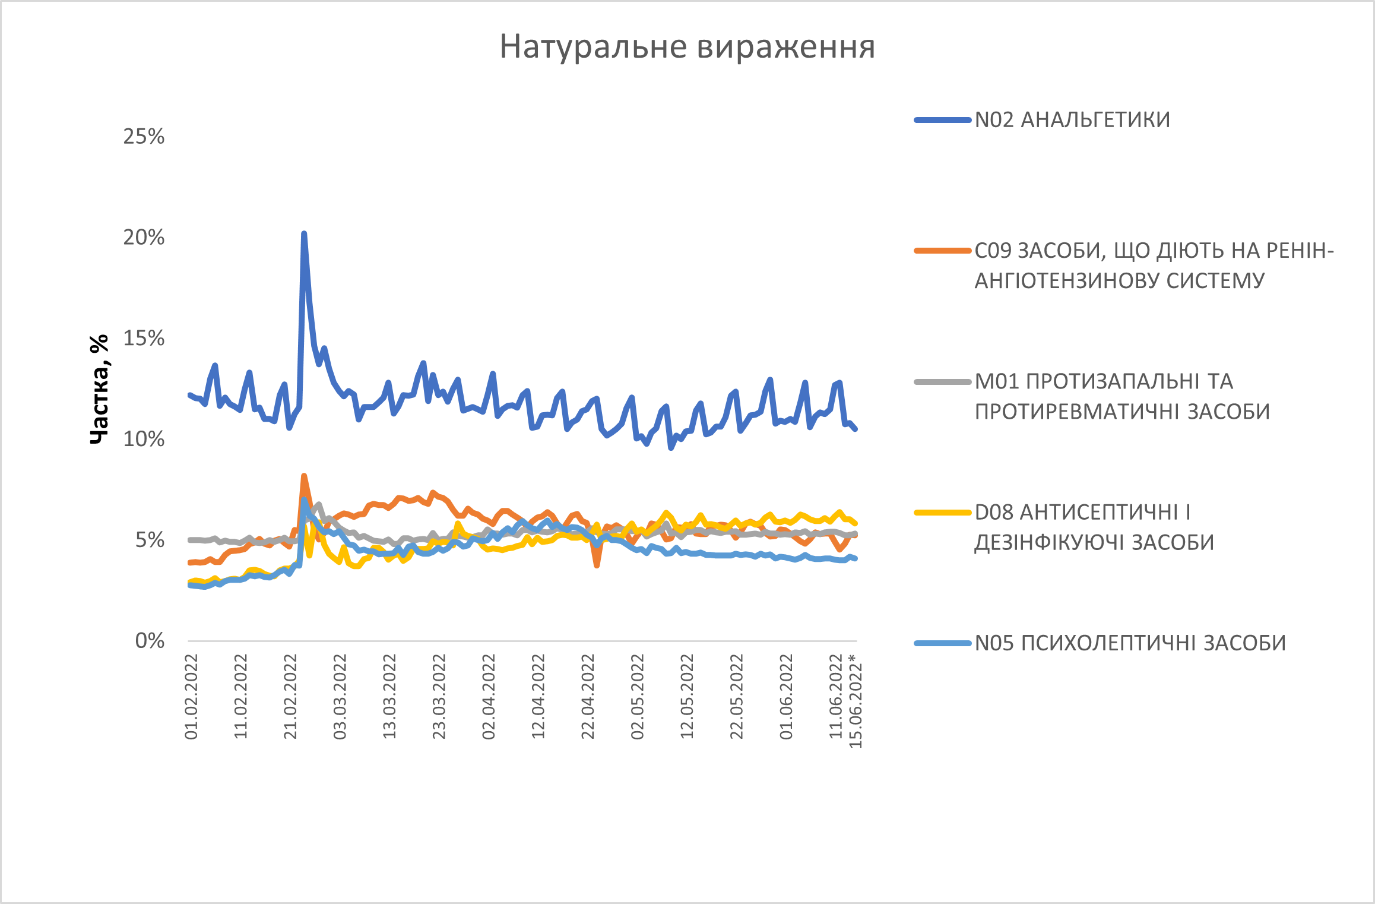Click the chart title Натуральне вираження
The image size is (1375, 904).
pyautogui.click(x=687, y=46)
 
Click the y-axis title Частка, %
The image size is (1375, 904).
pyautogui.click(x=99, y=389)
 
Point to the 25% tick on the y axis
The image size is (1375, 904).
pyautogui.click(x=144, y=137)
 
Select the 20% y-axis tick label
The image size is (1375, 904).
pyautogui.click(x=144, y=238)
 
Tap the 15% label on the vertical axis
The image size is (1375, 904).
pyautogui.click(x=144, y=339)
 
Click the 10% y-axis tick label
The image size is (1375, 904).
pyautogui.click(x=144, y=440)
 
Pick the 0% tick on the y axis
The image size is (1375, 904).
pyautogui.click(x=150, y=641)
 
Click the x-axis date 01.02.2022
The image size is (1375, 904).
pyautogui.click(x=191, y=696)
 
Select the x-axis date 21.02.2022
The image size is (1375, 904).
pyautogui.click(x=290, y=696)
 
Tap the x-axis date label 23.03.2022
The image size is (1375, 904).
pyautogui.click(x=439, y=696)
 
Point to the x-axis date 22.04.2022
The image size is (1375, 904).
pyautogui.click(x=588, y=696)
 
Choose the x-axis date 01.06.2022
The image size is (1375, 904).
pyautogui.click(x=786, y=696)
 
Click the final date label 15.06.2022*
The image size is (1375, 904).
pyautogui.click(x=856, y=701)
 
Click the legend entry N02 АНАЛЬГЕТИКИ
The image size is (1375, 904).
pyautogui.click(x=1072, y=120)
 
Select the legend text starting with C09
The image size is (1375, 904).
pyautogui.click(x=1154, y=265)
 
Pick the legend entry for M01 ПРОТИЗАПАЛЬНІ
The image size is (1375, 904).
pyautogui.click(x=1121, y=396)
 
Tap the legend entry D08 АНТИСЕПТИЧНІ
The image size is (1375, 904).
pyautogui.click(x=1094, y=527)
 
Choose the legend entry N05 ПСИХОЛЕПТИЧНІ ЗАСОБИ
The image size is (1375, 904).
pyautogui.click(x=1130, y=643)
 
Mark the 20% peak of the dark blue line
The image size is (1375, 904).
pyautogui.click(x=304, y=234)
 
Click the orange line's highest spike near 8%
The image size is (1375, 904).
pyautogui.click(x=304, y=476)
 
